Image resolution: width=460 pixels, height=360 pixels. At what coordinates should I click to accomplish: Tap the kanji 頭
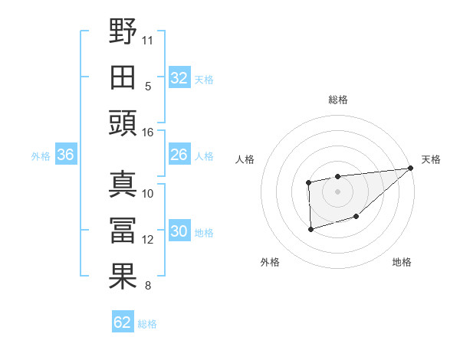(x=123, y=122)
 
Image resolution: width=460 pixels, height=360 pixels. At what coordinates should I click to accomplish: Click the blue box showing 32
(x=179, y=77)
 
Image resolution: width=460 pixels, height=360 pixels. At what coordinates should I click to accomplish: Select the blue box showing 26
(x=179, y=155)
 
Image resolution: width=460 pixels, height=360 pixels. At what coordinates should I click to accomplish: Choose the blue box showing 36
(x=65, y=155)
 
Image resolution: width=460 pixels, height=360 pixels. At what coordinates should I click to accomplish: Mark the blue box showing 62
(x=123, y=322)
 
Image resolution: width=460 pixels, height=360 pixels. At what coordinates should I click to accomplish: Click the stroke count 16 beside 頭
(x=148, y=132)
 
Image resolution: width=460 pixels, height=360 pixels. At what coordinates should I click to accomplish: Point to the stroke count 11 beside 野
(x=148, y=38)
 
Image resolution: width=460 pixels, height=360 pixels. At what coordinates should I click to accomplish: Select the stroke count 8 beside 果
(x=148, y=286)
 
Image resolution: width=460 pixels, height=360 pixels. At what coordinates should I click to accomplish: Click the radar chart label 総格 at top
(x=337, y=100)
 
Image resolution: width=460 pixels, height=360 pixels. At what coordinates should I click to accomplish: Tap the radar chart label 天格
(x=431, y=159)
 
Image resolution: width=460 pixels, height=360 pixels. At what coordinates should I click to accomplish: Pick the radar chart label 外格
(x=270, y=262)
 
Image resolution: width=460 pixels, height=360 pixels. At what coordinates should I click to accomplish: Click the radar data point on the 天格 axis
(x=411, y=168)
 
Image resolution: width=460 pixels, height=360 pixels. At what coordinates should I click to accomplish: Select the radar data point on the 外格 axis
(x=310, y=229)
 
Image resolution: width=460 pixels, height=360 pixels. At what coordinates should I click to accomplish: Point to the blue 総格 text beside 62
(x=147, y=324)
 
